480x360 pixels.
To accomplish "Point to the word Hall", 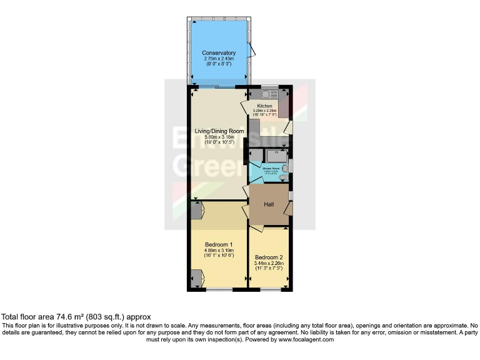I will click(x=269, y=204).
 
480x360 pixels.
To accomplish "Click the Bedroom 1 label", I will click(x=219, y=244).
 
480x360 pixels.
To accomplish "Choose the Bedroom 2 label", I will click(x=269, y=257).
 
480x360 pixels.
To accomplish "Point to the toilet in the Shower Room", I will click(x=284, y=177).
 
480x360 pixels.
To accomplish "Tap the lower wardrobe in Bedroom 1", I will click(x=196, y=276).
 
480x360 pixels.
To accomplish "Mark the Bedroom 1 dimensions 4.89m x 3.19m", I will click(x=219, y=251).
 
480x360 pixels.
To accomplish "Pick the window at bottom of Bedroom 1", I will click(x=219, y=289).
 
